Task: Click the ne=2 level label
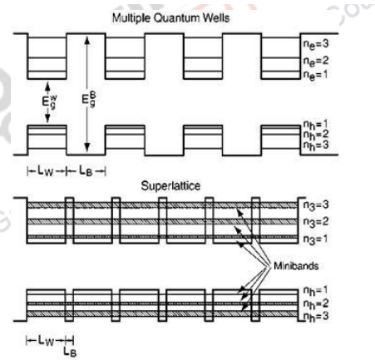pyautogui.click(x=318, y=60)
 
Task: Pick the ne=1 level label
pyautogui.click(x=318, y=75)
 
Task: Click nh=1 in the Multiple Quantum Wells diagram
pyautogui.click(x=318, y=123)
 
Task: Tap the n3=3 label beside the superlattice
pyautogui.click(x=318, y=204)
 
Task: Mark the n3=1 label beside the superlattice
pyautogui.click(x=318, y=239)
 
